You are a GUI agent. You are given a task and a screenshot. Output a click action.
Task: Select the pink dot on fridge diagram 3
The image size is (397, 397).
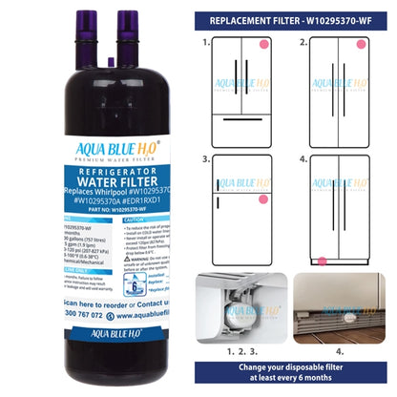(x=261, y=198)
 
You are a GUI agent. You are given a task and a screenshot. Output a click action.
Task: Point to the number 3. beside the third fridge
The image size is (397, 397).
(x=206, y=160)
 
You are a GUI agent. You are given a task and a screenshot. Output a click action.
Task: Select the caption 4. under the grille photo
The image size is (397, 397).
(x=339, y=350)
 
